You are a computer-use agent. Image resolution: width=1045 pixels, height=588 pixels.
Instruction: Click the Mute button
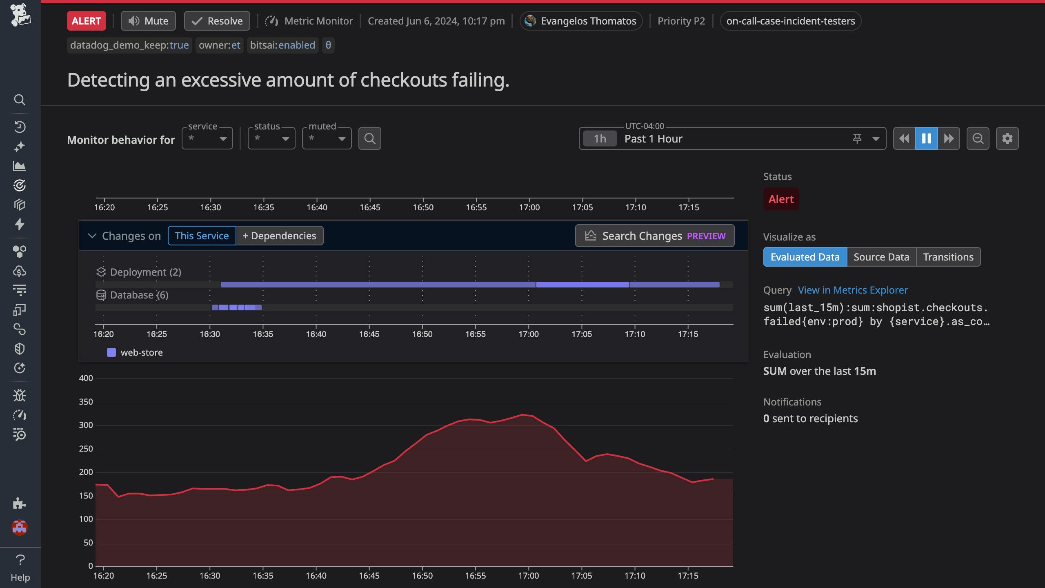tap(148, 21)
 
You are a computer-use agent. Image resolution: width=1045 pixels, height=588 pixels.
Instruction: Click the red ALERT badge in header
tap(86, 21)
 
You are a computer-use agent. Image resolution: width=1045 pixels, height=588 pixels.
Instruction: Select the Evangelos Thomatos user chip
tap(581, 21)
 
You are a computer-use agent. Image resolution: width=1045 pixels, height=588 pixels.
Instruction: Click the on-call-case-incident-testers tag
tap(790, 21)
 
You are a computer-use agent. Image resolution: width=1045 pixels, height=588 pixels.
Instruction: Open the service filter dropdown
tap(207, 138)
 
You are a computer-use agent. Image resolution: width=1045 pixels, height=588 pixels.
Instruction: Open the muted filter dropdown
tap(327, 138)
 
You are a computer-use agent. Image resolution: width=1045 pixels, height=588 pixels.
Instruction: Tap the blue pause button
tap(926, 138)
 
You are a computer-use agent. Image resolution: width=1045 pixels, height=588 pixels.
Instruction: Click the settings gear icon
tap(1007, 138)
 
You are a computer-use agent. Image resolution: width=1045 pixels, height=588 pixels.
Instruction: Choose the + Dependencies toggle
tap(280, 236)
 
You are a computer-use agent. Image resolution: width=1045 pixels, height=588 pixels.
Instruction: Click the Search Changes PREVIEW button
tap(654, 236)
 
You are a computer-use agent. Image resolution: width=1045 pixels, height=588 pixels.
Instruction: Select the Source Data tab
tap(881, 257)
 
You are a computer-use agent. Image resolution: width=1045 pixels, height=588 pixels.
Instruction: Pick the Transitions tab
tap(948, 257)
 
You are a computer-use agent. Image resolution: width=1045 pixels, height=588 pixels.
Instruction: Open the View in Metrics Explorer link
tap(853, 290)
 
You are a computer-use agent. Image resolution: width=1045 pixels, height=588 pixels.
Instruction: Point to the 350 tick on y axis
tap(86, 402)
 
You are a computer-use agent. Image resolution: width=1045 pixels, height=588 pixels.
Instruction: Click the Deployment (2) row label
tap(145, 272)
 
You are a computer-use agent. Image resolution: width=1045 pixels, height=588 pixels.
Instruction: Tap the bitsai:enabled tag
tap(282, 45)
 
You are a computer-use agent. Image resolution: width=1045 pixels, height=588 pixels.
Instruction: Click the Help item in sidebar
tap(20, 568)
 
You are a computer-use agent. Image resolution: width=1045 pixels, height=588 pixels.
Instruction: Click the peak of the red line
tap(522, 414)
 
